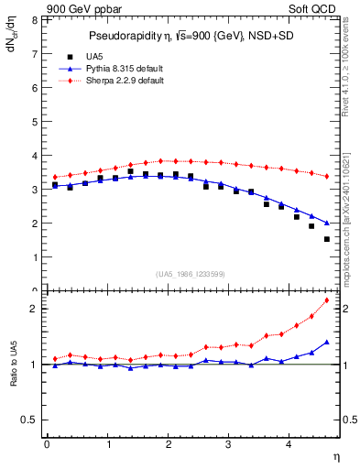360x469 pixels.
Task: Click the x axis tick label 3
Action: pos(229,444)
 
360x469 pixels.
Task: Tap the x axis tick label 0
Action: pos(47,444)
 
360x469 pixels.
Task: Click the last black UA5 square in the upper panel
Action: pos(327,239)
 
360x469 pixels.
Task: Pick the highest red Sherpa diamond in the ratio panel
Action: pos(327,300)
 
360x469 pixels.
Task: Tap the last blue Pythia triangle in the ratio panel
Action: pos(327,342)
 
